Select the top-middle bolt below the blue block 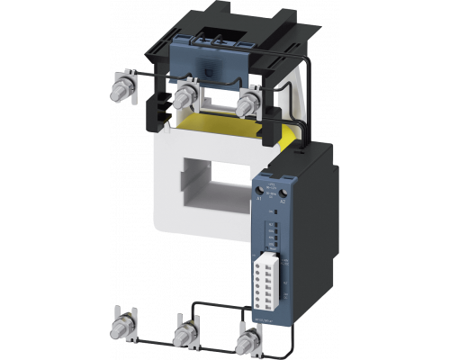pyautogui.click(x=186, y=94)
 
